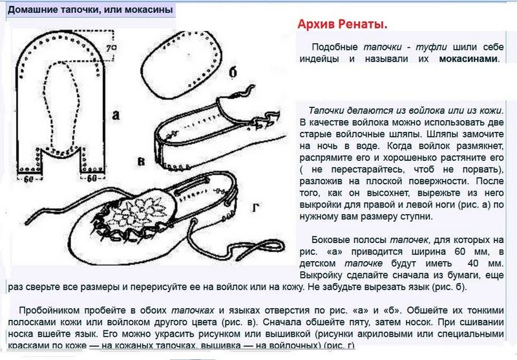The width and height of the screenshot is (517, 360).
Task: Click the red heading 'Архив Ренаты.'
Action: click(343, 25)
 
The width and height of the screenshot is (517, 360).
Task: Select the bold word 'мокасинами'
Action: click(469, 59)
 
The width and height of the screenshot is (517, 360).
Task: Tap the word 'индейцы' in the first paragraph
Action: click(319, 59)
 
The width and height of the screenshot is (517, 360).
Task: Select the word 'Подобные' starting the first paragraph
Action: click(333, 48)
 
